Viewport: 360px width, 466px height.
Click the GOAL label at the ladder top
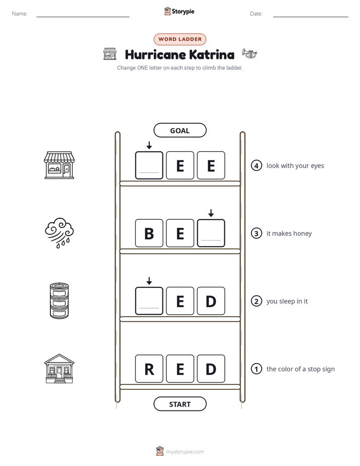click(179, 130)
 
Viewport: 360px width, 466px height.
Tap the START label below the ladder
click(179, 404)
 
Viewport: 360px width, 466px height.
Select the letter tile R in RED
click(149, 369)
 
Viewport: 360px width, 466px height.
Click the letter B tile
click(149, 233)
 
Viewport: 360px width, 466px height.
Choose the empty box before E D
click(149, 301)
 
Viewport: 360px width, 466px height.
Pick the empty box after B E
click(211, 233)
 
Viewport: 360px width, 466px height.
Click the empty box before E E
click(149, 165)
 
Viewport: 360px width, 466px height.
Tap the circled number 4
click(256, 165)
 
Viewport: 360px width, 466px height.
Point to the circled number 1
click(256, 369)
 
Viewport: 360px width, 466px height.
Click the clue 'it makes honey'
click(289, 234)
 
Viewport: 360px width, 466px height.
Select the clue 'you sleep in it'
click(287, 301)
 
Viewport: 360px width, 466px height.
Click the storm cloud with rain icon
click(59, 232)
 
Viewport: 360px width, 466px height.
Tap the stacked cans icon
click(59, 301)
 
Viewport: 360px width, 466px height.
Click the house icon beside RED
click(59, 369)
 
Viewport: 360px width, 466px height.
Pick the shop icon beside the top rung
click(59, 165)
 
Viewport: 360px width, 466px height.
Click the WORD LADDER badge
click(179, 39)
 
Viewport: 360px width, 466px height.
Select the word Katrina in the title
click(211, 54)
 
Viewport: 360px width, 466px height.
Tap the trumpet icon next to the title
click(250, 54)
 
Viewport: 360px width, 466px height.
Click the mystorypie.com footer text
click(185, 452)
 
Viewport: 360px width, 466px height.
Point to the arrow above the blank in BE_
click(211, 213)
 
